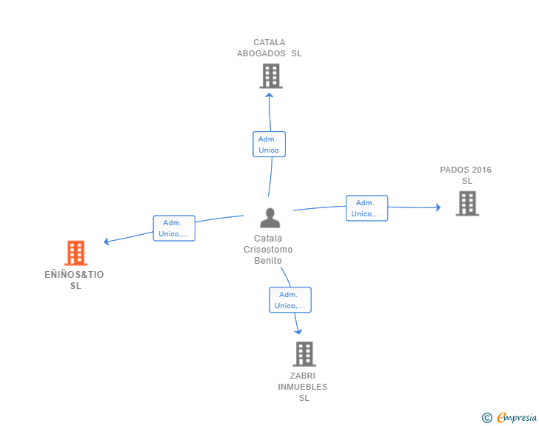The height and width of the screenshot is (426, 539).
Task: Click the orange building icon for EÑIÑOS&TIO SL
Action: click(76, 253)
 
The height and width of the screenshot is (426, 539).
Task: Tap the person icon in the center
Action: click(269, 218)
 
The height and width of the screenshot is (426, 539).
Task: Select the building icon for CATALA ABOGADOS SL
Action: click(271, 76)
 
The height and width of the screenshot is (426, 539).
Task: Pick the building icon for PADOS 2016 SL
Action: click(467, 203)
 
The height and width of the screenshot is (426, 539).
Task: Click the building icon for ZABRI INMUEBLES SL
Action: click(304, 353)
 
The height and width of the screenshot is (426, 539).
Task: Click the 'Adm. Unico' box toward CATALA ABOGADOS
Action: click(269, 144)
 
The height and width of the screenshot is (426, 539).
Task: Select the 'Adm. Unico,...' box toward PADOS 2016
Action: click(366, 208)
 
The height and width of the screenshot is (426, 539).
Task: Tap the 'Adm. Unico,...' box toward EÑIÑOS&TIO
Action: click(174, 228)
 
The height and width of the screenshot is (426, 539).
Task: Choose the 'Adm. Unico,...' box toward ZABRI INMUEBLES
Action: click(290, 300)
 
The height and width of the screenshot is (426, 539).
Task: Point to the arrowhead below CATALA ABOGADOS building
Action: click(269, 96)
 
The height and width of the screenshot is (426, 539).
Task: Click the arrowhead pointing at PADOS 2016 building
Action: click(438, 207)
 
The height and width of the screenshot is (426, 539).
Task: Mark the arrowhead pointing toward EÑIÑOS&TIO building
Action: click(107, 242)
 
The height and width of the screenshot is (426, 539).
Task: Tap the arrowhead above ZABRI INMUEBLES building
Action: click(298, 331)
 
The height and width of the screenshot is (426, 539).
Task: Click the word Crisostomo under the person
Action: click(268, 250)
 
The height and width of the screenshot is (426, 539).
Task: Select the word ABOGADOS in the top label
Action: click(261, 53)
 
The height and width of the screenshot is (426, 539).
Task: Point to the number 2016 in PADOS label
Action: click(481, 170)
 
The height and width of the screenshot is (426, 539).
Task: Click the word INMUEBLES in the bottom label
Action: click(303, 387)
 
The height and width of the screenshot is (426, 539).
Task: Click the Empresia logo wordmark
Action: click(517, 417)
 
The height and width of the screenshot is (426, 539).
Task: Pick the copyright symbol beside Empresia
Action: click(487, 418)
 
